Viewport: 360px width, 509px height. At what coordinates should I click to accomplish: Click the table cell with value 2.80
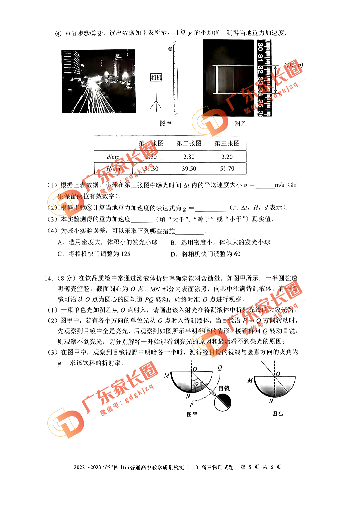189,157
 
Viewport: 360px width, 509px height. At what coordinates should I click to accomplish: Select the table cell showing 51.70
227,169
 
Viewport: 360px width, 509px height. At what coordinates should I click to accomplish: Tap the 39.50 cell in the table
189,169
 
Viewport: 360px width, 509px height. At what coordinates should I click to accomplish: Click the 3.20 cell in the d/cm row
227,157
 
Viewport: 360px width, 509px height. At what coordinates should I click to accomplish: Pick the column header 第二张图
189,143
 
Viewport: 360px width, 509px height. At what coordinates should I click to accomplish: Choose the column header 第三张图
227,143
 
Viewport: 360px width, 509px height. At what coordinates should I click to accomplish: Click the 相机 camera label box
156,77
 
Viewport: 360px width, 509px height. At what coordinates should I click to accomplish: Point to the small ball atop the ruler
170,49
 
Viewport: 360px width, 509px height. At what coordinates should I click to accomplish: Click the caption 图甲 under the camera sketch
165,123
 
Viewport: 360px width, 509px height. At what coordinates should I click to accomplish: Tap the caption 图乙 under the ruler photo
240,124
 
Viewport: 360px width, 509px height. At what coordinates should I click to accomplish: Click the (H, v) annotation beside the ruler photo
294,65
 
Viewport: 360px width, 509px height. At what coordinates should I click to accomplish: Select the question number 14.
48,279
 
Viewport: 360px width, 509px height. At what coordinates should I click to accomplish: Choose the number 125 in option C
126,254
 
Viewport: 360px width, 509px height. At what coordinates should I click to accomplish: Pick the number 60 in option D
237,254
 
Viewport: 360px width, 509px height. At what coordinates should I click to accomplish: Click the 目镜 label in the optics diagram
224,389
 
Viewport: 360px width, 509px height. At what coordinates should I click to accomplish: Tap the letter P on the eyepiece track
191,405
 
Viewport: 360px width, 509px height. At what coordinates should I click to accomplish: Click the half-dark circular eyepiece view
222,403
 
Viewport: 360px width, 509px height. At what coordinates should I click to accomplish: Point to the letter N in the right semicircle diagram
271,401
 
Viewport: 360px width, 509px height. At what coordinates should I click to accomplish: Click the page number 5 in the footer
250,467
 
